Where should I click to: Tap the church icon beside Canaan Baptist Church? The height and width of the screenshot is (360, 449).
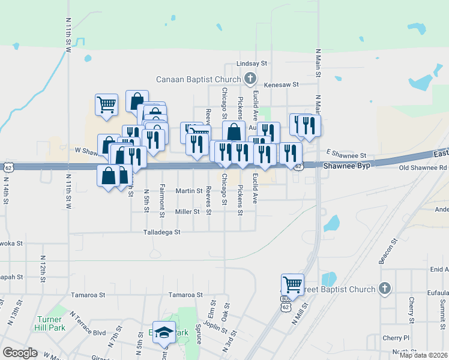click(250, 79)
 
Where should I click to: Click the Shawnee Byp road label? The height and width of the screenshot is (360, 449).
click(343, 165)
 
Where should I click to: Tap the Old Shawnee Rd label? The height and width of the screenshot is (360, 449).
click(424, 168)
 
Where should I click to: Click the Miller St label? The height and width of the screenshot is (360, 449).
click(187, 212)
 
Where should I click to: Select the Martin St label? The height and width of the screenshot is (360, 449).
click(188, 191)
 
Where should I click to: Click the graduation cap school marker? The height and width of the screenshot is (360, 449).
click(163, 332)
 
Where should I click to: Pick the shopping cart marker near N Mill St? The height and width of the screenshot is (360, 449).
click(292, 284)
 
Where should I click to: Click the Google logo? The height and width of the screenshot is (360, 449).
click(20, 353)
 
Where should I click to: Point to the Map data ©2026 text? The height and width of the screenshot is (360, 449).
click(423, 355)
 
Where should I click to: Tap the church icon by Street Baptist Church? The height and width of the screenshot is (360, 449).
click(384, 289)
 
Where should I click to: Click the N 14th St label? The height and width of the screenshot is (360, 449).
click(7, 190)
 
